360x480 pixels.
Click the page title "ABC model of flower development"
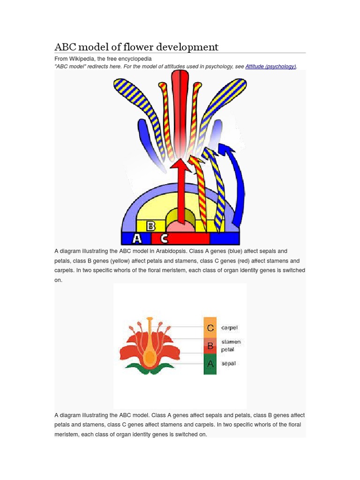click(x=136, y=47)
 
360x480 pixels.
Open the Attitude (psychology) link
click(x=270, y=67)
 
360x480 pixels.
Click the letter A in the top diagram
click(x=136, y=239)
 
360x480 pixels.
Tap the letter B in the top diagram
click(x=151, y=226)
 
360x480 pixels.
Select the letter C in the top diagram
click(x=164, y=239)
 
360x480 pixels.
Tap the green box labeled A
click(x=210, y=364)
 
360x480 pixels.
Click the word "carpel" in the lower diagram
click(x=230, y=328)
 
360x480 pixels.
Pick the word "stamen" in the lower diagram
click(x=231, y=342)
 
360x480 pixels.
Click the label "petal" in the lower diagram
click(x=227, y=350)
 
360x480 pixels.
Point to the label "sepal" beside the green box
click(x=228, y=363)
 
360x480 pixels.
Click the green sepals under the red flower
click(x=149, y=367)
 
